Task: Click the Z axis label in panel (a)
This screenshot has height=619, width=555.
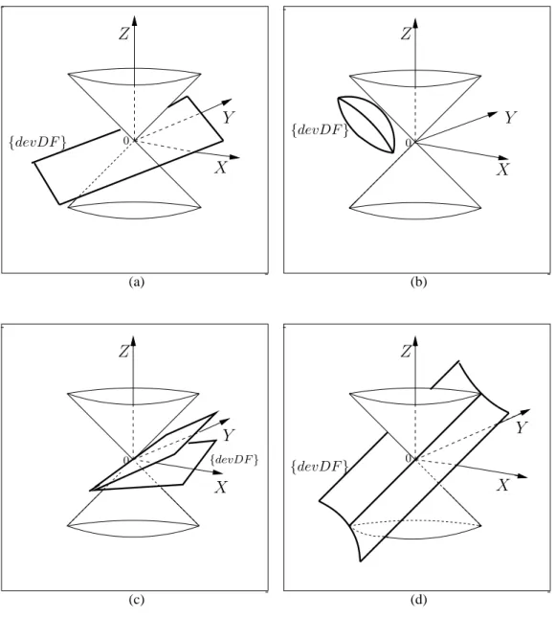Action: (x=123, y=34)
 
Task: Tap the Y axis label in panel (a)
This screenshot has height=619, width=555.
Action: (x=229, y=117)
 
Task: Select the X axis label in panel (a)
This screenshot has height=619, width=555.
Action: (x=221, y=168)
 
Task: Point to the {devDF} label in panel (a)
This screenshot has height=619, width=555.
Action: (x=37, y=143)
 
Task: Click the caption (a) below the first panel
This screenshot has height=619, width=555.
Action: (x=137, y=282)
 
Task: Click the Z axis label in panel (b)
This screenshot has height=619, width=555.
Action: (x=406, y=34)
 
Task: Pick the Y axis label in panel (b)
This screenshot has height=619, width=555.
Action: (x=510, y=117)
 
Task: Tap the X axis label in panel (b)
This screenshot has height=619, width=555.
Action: (x=503, y=170)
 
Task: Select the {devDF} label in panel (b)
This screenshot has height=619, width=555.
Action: (x=320, y=129)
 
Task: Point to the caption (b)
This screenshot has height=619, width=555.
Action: (x=418, y=282)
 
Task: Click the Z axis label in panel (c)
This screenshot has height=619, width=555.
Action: (x=123, y=352)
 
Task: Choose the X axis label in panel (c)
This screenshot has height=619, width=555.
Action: (x=221, y=487)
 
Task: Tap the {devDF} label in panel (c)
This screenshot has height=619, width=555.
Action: (x=234, y=460)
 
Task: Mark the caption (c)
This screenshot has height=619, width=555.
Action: (x=137, y=600)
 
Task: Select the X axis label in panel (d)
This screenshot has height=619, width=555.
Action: (x=503, y=486)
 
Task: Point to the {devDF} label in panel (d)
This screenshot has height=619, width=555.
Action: (x=320, y=467)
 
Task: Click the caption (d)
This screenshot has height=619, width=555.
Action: (x=418, y=600)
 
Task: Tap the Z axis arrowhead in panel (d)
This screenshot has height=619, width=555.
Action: (x=414, y=341)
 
